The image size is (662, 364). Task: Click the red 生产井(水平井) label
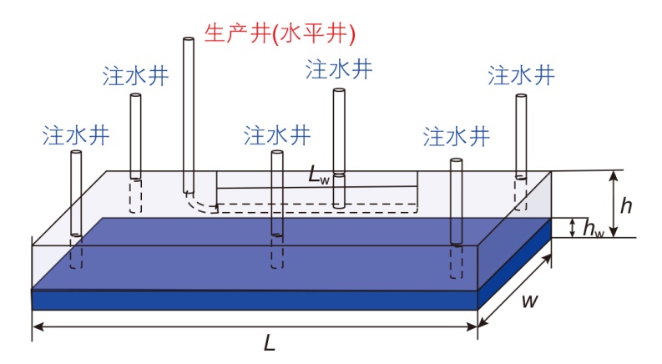point(280,33)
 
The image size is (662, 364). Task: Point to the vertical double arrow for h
point(614,203)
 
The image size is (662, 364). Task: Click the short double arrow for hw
point(572,227)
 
